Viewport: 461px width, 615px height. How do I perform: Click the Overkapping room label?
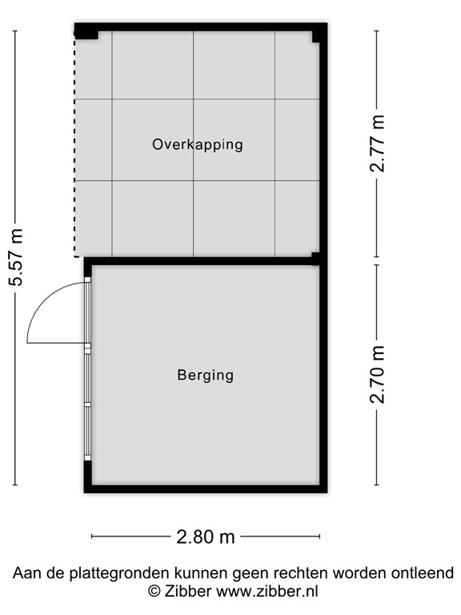coord(197,145)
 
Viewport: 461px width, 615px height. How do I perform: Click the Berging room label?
coord(205,375)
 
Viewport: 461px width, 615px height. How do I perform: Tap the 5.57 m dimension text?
coord(16,257)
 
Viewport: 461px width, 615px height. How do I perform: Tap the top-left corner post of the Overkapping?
coord(85,32)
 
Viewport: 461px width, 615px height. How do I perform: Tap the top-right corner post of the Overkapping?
coord(319,33)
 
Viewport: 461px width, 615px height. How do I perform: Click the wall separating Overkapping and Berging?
coord(200,261)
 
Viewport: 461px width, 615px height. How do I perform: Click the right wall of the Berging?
coord(324,375)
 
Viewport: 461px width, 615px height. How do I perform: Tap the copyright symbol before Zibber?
coord(154,592)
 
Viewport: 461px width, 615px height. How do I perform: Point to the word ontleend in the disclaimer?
coord(423,573)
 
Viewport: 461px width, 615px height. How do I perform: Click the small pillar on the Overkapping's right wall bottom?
coord(316,257)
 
